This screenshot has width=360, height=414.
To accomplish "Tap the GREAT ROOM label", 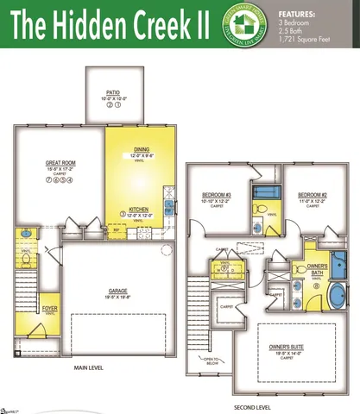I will [60, 162].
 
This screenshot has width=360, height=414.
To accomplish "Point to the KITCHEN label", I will [141, 210].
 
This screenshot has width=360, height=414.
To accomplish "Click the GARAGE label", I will [117, 291].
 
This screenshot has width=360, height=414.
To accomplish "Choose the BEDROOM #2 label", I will [312, 195].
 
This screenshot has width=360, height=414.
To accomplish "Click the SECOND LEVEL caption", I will [252, 407].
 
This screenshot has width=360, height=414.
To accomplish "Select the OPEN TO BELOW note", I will [209, 360].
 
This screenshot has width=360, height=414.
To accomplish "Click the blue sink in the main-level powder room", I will [26, 233].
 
